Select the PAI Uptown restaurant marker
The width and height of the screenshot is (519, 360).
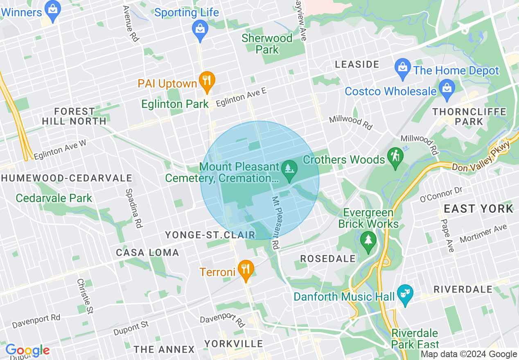207,81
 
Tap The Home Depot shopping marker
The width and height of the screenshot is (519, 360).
403,67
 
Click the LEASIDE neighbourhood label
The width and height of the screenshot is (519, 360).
357,64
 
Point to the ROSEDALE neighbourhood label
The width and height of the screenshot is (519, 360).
328,259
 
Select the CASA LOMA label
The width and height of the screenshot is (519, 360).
147,252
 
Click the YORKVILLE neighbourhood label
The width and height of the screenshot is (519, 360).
234,343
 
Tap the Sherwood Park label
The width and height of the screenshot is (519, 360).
267,44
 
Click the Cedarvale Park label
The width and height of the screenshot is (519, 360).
54,198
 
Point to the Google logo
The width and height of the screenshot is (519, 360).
27,351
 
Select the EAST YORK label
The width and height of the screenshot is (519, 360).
478,209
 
